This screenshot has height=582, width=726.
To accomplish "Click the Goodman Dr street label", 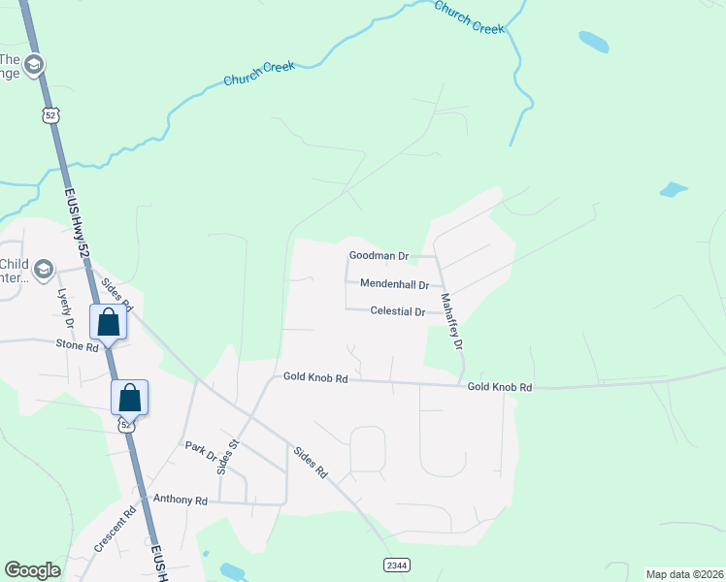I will pos(379,257).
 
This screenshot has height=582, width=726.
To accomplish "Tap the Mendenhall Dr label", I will pos(394,284).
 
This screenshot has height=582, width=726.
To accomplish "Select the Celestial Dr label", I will pos(398,311).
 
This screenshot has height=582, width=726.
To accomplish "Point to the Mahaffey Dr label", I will pos(451,321).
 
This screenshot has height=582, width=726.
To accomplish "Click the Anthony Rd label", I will pos(181,501).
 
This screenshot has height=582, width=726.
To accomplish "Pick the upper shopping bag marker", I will pos(109,323).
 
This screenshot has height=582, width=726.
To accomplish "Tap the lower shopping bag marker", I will pos(129,398).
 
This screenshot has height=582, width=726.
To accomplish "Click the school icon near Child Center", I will pos(43,269).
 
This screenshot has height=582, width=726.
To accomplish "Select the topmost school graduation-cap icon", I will pos(34,65).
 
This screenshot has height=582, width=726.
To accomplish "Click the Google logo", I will pos(32,569).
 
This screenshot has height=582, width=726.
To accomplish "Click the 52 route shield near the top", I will pos(49,115).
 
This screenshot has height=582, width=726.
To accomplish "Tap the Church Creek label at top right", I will pos(470,17).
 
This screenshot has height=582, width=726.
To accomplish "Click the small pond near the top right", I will pos(593,41).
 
